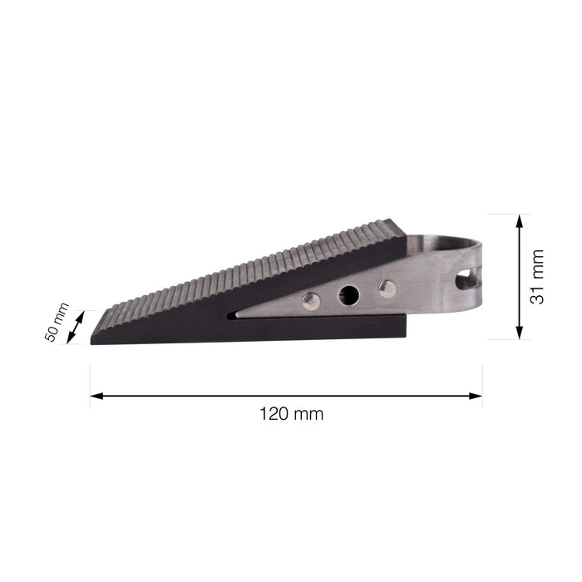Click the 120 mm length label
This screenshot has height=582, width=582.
[291, 414]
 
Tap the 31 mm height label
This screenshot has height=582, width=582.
[537, 277]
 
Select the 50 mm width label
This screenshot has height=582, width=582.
[57, 323]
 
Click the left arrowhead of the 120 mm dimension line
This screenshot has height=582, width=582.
[96, 396]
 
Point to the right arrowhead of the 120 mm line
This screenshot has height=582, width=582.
[476, 396]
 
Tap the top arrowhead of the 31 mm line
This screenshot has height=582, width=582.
[520, 221]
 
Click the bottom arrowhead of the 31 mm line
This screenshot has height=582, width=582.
[520, 333]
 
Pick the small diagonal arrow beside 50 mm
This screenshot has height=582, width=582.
[76, 327]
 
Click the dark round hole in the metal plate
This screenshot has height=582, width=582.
[349, 295]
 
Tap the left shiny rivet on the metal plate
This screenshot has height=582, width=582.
[311, 301]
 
